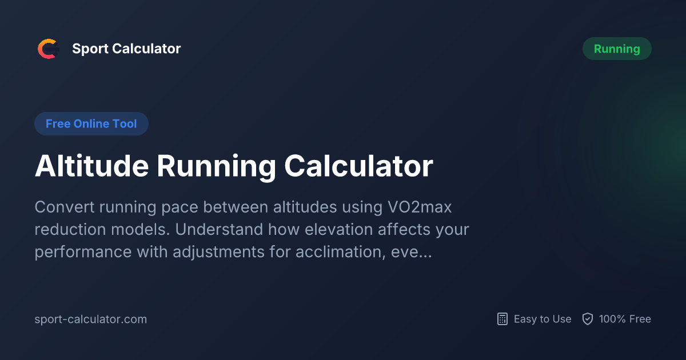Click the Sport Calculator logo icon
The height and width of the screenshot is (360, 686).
pyautogui.click(x=48, y=49)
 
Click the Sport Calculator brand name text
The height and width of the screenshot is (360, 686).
pyautogui.click(x=126, y=49)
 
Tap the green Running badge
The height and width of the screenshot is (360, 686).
pyautogui.click(x=617, y=49)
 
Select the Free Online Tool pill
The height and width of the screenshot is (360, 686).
pyautogui.click(x=91, y=124)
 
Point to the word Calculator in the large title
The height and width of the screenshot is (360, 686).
pyautogui.click(x=358, y=167)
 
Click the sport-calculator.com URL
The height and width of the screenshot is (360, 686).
pyautogui.click(x=91, y=319)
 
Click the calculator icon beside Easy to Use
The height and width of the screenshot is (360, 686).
pyautogui.click(x=502, y=319)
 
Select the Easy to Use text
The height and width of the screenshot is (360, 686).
pyautogui.click(x=543, y=319)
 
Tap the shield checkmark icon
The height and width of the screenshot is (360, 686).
pyautogui.click(x=587, y=319)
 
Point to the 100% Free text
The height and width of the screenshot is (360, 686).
pyautogui.click(x=625, y=319)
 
